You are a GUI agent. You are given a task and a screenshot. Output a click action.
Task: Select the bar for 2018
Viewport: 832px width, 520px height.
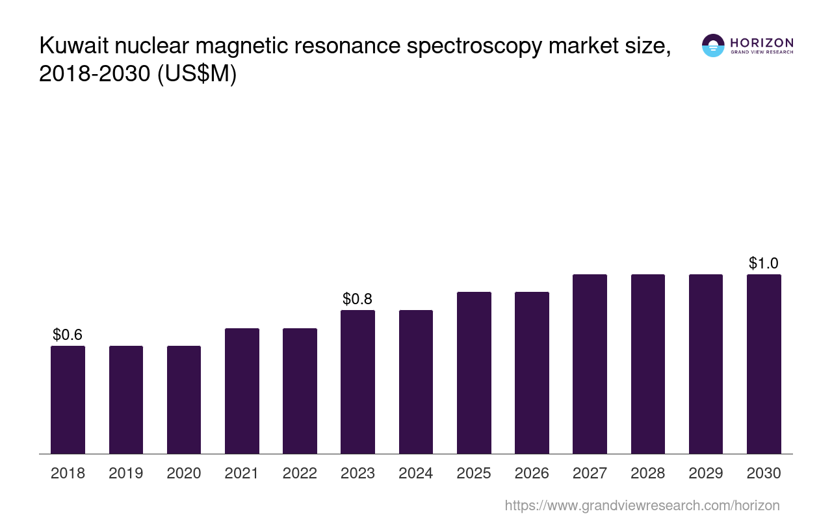coord(68,400)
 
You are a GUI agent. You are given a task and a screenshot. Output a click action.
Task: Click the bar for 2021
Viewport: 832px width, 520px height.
coord(242,391)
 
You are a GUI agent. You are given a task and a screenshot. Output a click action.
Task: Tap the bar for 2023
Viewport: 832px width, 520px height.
coord(357,382)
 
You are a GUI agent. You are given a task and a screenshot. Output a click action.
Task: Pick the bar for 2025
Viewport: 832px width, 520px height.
coord(474,372)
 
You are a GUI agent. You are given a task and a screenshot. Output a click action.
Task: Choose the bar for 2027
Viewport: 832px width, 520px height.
coord(590,364)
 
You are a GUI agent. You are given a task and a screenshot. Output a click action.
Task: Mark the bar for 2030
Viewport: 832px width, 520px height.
coord(764,364)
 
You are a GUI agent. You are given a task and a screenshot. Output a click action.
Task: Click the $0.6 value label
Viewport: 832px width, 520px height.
coord(68,335)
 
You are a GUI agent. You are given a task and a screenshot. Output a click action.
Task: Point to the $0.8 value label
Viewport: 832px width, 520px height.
coord(357,299)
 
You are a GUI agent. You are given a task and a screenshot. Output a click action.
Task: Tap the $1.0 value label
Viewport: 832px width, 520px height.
coord(764,263)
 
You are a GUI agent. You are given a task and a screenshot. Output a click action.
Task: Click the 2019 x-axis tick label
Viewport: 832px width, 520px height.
coord(126,473)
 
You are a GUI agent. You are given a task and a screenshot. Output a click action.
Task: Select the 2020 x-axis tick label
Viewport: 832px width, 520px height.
coord(184,473)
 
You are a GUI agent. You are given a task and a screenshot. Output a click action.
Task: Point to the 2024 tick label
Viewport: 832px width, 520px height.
coord(416,473)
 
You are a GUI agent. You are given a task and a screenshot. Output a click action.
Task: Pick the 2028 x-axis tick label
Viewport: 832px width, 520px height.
coord(648,473)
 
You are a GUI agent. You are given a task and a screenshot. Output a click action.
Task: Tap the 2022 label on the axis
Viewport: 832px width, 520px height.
coord(300,473)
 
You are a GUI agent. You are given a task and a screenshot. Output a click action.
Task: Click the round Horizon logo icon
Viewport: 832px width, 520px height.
coord(713,45)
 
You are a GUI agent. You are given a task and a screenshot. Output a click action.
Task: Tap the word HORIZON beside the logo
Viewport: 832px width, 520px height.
coord(761,43)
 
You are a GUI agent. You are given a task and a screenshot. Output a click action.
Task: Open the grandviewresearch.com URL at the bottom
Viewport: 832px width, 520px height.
coord(642,505)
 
